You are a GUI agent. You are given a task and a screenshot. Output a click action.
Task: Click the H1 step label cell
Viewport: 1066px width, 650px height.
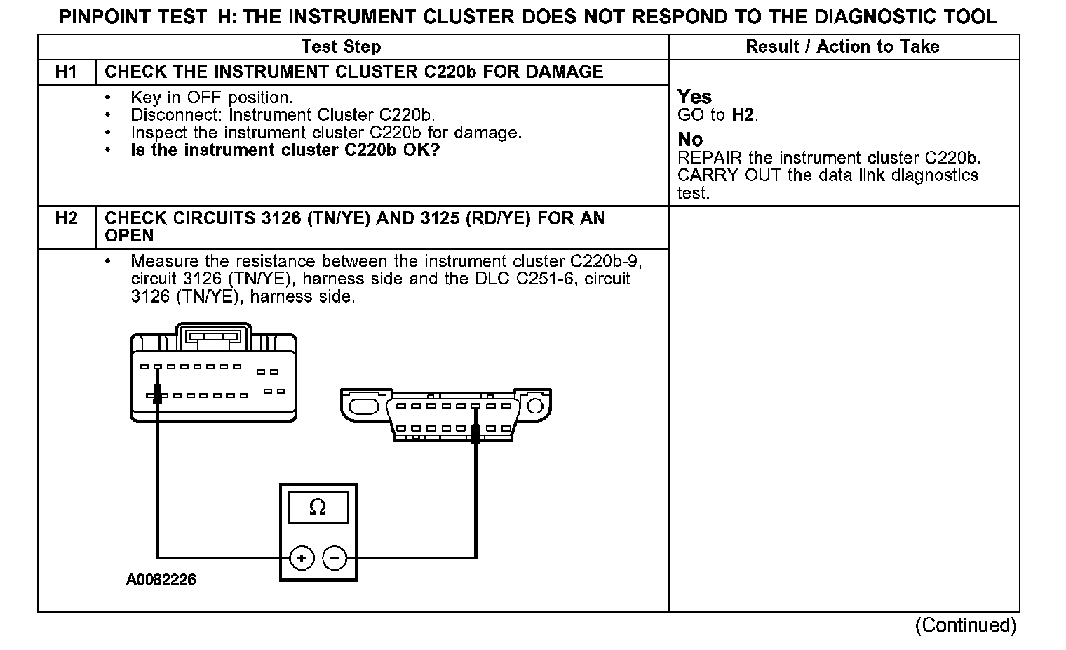pos(66,72)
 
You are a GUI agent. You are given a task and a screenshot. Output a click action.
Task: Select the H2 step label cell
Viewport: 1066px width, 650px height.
pos(66,218)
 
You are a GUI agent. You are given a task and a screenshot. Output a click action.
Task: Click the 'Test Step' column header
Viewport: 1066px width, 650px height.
pos(341,47)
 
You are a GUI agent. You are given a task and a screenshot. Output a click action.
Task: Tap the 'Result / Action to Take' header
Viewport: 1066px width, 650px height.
pos(842,47)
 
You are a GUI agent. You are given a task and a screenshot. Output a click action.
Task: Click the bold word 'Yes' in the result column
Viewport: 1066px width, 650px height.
pos(694,97)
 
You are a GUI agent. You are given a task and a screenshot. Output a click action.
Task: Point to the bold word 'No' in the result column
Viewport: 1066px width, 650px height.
pos(690,140)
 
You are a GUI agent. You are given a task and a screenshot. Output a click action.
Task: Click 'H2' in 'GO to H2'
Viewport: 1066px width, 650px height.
pos(743,115)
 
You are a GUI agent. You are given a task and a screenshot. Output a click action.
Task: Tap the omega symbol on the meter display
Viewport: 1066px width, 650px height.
pos(318,508)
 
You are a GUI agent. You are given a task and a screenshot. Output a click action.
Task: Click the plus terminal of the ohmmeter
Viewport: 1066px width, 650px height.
pos(302,559)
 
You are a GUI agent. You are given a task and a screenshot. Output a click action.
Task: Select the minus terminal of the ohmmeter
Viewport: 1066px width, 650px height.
pos(335,559)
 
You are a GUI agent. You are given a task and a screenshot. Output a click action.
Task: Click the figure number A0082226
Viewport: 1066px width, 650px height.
pos(161,580)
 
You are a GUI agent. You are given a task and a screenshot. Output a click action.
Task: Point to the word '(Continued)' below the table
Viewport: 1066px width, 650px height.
pos(965,625)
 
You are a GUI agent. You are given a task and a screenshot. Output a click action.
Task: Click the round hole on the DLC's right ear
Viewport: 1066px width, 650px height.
pos(535,406)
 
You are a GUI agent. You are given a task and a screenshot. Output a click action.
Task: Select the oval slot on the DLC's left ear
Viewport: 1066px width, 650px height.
pos(363,406)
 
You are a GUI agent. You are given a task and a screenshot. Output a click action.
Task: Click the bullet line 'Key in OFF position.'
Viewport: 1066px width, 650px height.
pos(211,98)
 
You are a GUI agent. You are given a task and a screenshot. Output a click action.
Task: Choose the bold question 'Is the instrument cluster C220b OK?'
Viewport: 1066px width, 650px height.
pos(285,150)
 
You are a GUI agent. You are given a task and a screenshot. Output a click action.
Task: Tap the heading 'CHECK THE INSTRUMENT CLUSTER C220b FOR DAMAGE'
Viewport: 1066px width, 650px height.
pos(353,72)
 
